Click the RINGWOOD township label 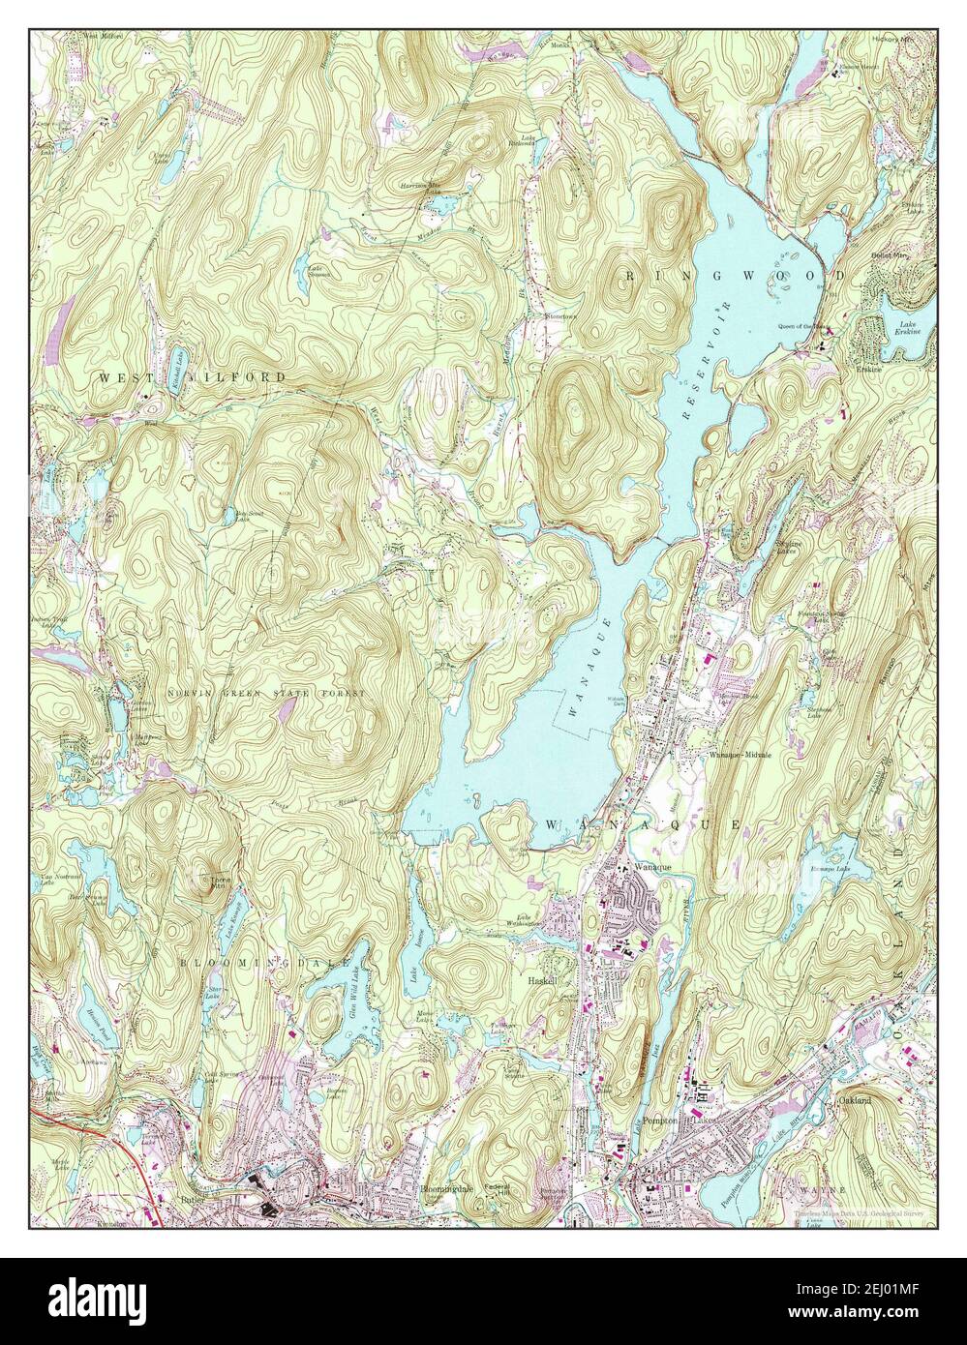coord(736,276)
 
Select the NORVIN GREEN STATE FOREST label coord(266,694)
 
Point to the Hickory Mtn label coord(891,40)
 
